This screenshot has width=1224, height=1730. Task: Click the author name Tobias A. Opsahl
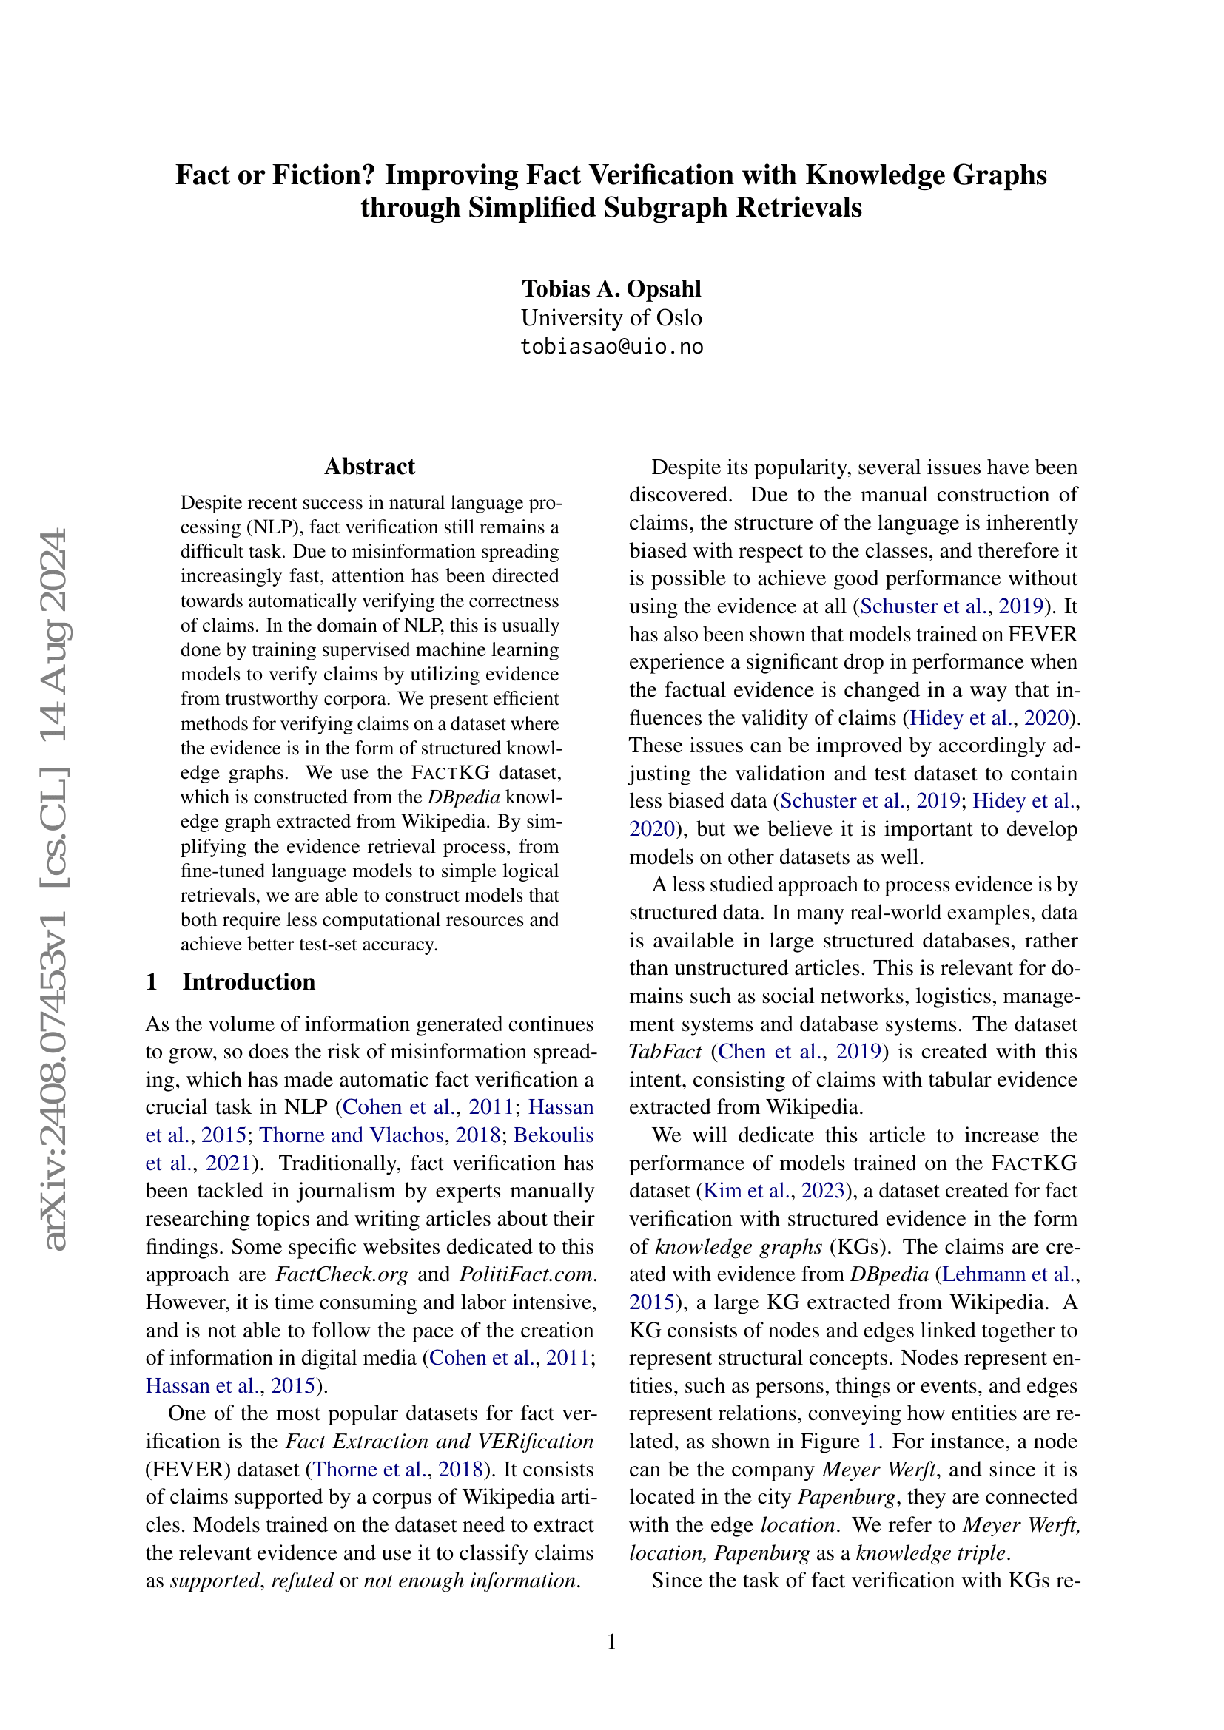point(611,288)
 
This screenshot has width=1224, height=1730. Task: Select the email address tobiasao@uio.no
point(611,347)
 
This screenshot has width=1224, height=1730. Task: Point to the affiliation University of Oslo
point(611,317)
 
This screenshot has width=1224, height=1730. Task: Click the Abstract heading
point(369,467)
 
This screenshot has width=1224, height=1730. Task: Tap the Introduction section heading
point(249,981)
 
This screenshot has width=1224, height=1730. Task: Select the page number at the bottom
point(611,1641)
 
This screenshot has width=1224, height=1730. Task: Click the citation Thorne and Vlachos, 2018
point(380,1135)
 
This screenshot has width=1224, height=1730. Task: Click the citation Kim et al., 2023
point(774,1191)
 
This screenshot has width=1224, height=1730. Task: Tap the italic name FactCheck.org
point(341,1274)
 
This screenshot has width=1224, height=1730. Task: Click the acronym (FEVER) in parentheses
point(181,1470)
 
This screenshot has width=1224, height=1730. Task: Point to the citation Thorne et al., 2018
point(397,1470)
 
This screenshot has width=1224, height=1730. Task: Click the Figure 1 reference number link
point(872,1442)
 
